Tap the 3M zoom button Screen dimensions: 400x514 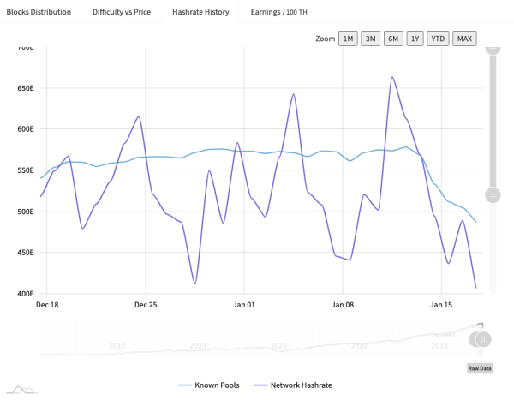371,39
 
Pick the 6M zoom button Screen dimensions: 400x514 393,39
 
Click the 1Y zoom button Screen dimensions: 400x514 415,39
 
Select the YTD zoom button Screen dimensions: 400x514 438,39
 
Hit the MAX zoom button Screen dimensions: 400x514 464,39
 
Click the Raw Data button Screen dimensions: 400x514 479,368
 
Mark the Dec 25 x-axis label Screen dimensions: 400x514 146,304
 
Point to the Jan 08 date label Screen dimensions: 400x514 343,304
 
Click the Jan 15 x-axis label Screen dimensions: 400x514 441,304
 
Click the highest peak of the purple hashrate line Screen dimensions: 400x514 392,77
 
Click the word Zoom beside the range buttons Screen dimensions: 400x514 325,39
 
